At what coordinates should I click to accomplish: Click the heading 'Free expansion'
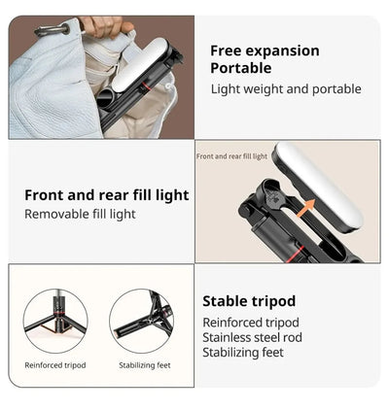(265, 51)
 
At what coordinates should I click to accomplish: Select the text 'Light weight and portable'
(286, 89)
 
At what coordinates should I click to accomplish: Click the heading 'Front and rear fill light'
(107, 195)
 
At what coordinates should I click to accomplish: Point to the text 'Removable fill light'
(80, 214)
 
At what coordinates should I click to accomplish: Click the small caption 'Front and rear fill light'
(231, 156)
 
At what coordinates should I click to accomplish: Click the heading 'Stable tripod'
(249, 301)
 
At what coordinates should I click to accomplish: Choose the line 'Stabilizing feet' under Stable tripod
(243, 353)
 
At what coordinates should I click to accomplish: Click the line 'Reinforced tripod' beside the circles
(251, 322)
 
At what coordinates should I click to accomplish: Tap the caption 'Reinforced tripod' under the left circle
(55, 365)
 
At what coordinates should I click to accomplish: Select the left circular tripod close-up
(55, 320)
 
